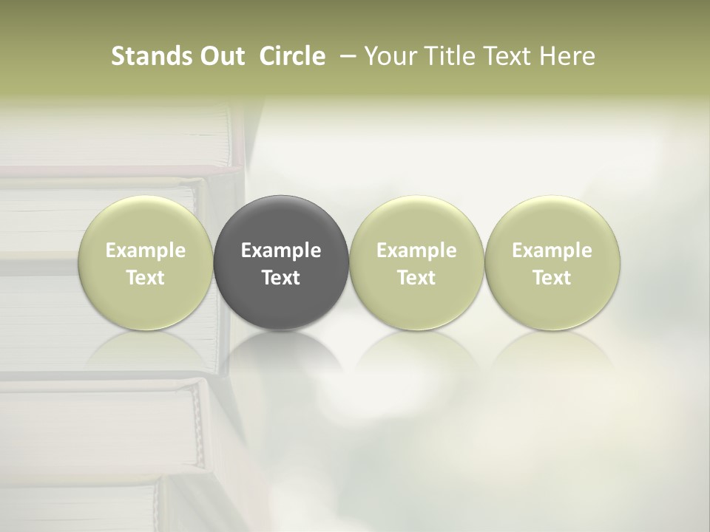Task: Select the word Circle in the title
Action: tap(292, 56)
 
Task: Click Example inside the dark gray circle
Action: tap(281, 250)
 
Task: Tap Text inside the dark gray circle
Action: tap(281, 278)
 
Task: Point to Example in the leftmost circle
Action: tap(146, 250)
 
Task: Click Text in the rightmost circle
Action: tap(552, 278)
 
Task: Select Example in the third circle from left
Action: tap(416, 250)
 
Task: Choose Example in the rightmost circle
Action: tap(552, 250)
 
